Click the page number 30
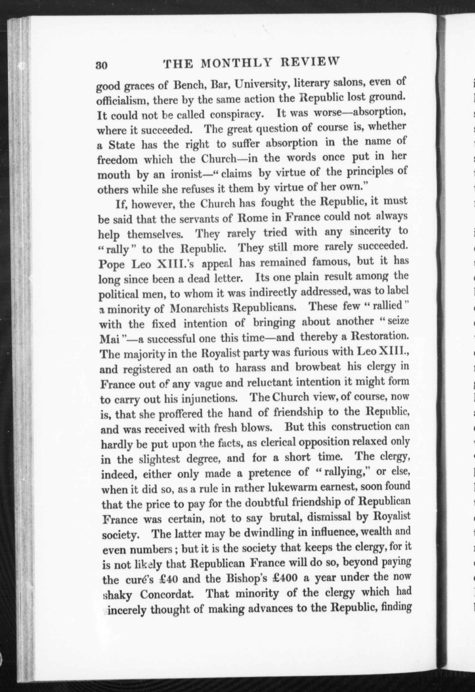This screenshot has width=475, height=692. [x=102, y=65]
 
